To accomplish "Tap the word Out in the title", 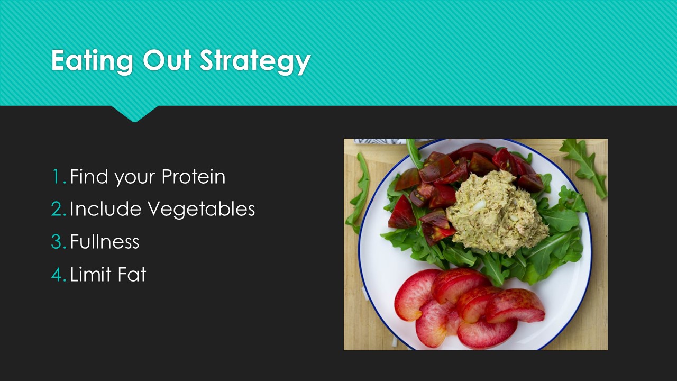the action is click(x=167, y=60).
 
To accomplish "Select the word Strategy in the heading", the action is click(x=255, y=61).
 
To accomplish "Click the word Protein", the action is click(x=194, y=176).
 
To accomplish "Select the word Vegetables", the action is click(x=202, y=209).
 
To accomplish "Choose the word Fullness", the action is click(x=105, y=241).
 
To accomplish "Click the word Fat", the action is click(x=132, y=274).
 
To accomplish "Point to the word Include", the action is click(x=105, y=208).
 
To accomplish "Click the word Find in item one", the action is click(x=89, y=176).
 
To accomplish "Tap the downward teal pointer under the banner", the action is click(x=135, y=114).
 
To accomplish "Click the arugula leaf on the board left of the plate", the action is click(x=359, y=192).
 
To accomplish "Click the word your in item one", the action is click(x=135, y=178).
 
